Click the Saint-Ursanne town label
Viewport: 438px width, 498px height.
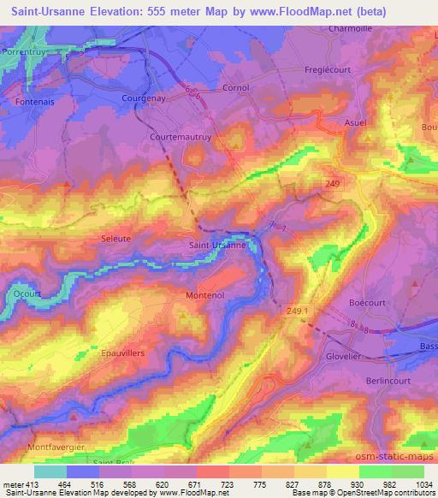coord(217,246)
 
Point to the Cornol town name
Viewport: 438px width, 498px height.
coord(210,88)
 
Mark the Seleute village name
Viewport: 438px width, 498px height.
coord(117,239)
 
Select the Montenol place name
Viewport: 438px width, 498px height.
coord(205,295)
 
